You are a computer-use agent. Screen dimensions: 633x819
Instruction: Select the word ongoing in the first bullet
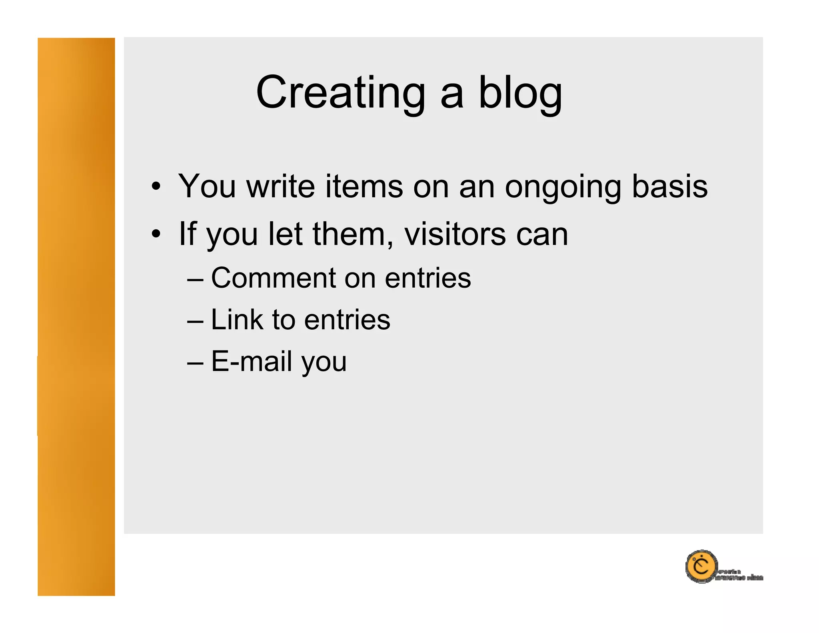(562, 186)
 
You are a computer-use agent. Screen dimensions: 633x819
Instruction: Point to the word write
(280, 186)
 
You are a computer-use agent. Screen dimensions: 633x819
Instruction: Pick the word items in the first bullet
(364, 186)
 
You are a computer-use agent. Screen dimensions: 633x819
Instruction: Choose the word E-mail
(251, 361)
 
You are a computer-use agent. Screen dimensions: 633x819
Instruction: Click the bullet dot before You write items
(156, 186)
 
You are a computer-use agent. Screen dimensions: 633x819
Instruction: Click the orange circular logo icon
(701, 567)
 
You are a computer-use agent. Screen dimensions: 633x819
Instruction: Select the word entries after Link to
(347, 320)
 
